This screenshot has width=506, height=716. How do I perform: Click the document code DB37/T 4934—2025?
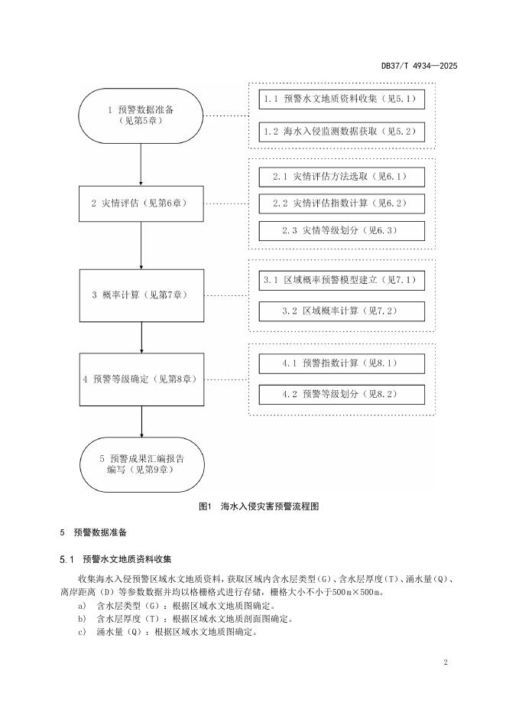point(419,67)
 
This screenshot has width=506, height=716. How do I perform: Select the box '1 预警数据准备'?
point(141,116)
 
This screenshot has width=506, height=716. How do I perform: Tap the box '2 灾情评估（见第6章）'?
point(141,203)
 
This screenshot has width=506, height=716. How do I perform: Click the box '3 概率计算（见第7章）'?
point(141,295)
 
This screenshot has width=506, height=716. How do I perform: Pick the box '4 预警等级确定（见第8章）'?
point(141,379)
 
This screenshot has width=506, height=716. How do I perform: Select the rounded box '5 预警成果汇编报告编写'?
point(141,464)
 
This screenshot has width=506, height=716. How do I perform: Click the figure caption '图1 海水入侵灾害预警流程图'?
point(252,506)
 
